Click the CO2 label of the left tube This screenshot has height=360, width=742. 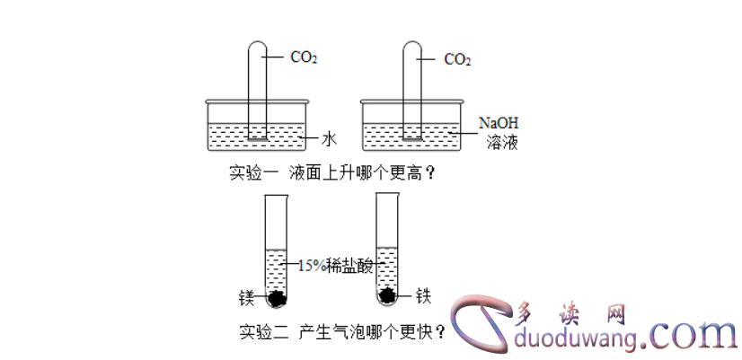304,58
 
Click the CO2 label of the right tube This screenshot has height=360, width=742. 457,60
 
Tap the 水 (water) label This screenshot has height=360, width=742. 329,139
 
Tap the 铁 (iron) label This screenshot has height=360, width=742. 424,294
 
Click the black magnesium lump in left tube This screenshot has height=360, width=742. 278,297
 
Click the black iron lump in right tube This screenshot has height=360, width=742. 387,295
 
